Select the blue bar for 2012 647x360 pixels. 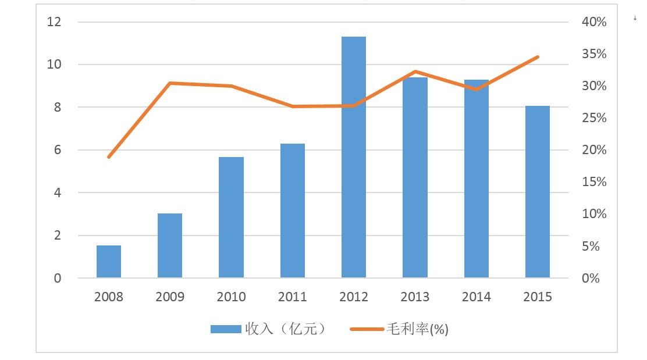[x=354, y=157]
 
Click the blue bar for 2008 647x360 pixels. [x=109, y=262]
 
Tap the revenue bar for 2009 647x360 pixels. [x=170, y=245]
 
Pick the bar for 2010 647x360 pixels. [x=231, y=218]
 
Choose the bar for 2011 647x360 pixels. [x=293, y=211]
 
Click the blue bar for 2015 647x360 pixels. [x=538, y=192]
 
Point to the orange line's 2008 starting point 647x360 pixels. [x=109, y=157]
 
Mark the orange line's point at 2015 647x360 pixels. [x=538, y=57]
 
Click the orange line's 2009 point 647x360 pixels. [x=170, y=83]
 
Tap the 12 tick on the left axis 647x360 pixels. [x=54, y=22]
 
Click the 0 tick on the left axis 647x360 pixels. [x=58, y=279]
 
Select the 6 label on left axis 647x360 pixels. [x=58, y=150]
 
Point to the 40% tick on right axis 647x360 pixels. [x=594, y=22]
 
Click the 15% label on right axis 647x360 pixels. [x=594, y=182]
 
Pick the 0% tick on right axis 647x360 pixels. [x=591, y=279]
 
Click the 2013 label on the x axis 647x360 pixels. [x=415, y=297]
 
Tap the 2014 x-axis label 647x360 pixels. [x=477, y=297]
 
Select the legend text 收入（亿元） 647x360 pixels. [x=285, y=329]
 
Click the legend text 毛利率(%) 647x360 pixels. [x=417, y=329]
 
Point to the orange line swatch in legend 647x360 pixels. [x=367, y=329]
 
